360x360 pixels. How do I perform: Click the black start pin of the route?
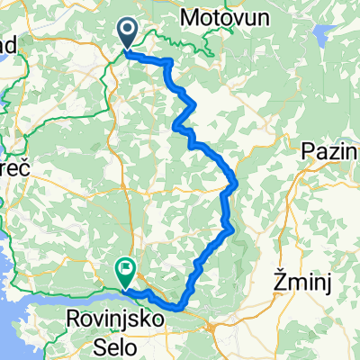pyautogui.click(x=127, y=35)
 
